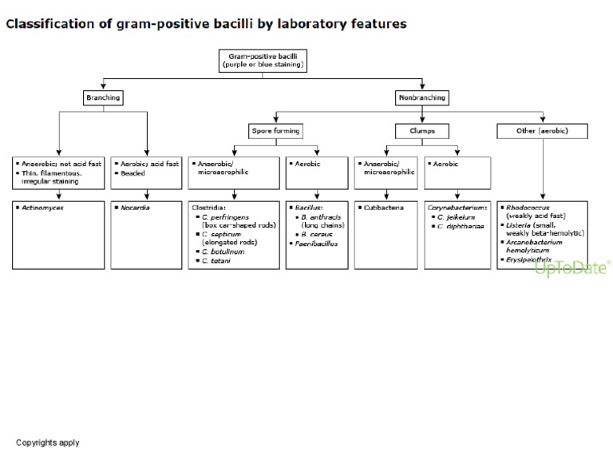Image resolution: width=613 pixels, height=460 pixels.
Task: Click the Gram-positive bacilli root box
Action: (262, 61)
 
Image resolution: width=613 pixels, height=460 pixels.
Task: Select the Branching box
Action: (103, 98)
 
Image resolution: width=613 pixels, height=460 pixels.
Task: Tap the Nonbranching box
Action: (422, 98)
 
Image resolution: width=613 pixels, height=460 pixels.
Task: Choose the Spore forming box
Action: (276, 130)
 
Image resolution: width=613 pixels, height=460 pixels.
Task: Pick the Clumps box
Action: (422, 130)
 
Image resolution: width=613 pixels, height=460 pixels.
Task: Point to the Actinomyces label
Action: (41, 208)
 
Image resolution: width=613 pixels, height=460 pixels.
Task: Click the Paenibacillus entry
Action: (316, 243)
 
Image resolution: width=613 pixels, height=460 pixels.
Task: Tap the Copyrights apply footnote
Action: (48, 442)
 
